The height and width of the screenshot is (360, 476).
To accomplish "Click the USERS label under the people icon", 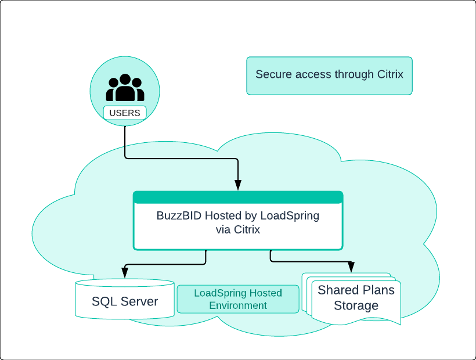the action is pyautogui.click(x=125, y=113).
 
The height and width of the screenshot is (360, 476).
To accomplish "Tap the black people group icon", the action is pyautogui.click(x=125, y=88).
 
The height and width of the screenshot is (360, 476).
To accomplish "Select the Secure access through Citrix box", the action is pyautogui.click(x=329, y=76).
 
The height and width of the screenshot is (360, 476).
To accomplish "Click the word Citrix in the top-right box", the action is pyautogui.click(x=390, y=74).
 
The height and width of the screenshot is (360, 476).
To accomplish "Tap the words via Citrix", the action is pyautogui.click(x=238, y=229).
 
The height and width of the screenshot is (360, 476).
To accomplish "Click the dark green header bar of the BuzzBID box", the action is pyautogui.click(x=238, y=197).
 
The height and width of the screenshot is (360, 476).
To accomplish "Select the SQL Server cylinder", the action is pyautogui.click(x=125, y=299).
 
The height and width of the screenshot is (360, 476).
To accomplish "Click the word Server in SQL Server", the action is pyautogui.click(x=139, y=301).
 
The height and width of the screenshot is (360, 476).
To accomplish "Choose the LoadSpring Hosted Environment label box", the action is pyautogui.click(x=238, y=299).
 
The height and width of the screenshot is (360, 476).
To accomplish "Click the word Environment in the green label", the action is pyautogui.click(x=238, y=305).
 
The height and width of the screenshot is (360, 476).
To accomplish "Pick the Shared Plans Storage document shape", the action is pyautogui.click(x=352, y=299).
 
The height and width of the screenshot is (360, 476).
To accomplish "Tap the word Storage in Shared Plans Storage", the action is pyautogui.click(x=356, y=305).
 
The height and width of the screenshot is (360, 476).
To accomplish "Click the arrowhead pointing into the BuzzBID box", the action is pyautogui.click(x=238, y=185).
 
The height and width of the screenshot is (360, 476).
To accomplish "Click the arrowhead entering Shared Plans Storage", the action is pyautogui.click(x=351, y=267).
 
